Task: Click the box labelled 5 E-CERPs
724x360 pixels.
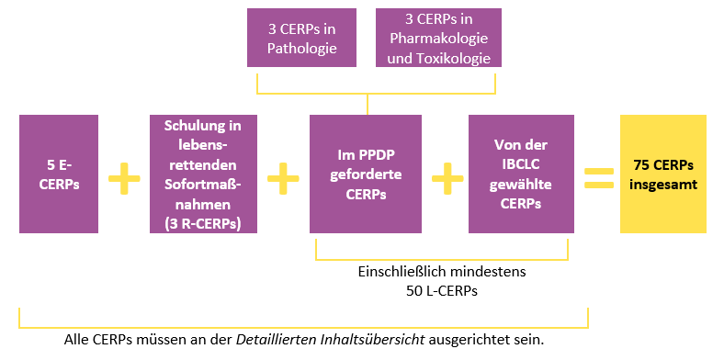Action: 59,174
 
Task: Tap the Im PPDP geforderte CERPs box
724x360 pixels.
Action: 366,174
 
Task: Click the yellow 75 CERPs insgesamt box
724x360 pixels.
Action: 663,174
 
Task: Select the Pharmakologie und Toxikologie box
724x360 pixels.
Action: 440,39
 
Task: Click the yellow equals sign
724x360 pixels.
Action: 598,177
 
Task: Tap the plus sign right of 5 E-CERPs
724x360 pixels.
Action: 124,177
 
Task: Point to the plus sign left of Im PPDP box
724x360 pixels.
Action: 284,177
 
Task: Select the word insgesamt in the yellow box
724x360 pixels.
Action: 663,184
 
